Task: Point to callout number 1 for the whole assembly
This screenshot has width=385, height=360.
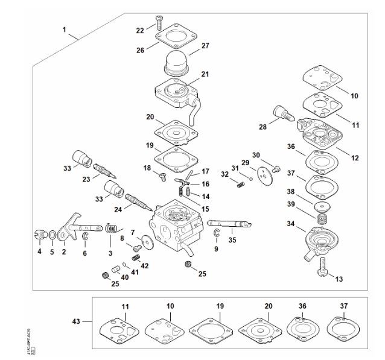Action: click(x=65, y=28)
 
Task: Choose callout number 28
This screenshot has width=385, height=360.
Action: click(x=262, y=128)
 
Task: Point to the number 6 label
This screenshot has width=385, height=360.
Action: click(x=84, y=253)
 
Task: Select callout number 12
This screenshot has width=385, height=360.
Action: click(x=355, y=158)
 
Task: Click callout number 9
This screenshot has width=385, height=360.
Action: click(x=216, y=248)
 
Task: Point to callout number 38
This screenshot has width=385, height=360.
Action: click(x=291, y=191)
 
